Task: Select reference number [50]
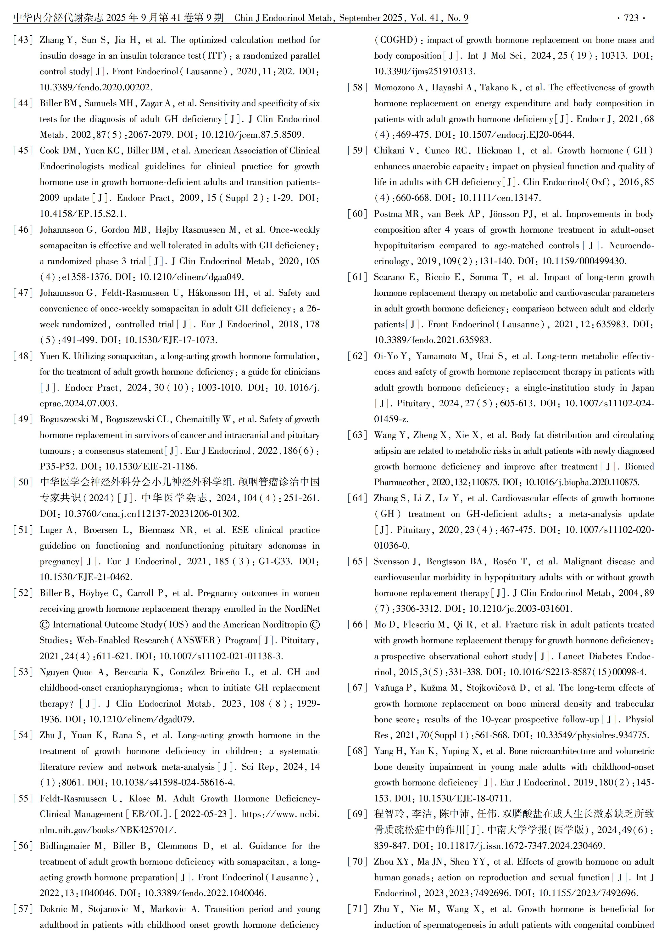(x=23, y=482)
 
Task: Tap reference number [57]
(x=23, y=909)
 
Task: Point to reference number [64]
(x=357, y=498)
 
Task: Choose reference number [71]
(x=357, y=909)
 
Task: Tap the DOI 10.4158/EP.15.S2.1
(x=83, y=214)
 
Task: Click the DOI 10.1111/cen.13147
(x=500, y=198)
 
